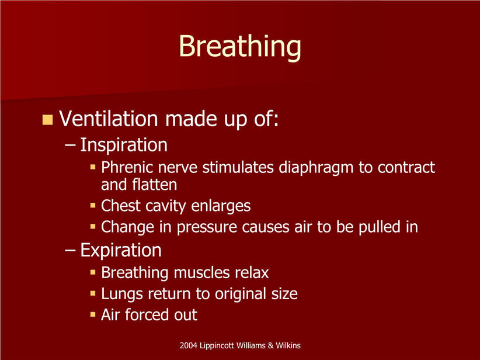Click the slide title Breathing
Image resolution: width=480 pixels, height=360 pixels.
click(x=240, y=47)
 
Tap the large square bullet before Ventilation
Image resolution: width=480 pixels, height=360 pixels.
click(x=47, y=119)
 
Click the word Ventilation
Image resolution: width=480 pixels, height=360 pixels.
click(x=109, y=118)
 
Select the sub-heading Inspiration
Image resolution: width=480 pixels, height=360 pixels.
click(x=124, y=145)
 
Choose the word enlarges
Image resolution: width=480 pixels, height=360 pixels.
click(x=221, y=206)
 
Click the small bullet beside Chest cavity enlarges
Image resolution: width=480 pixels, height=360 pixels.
click(x=93, y=206)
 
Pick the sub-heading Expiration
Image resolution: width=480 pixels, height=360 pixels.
click(x=121, y=250)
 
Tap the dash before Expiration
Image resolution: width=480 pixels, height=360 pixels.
click(x=70, y=250)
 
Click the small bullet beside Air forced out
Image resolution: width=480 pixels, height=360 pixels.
click(x=93, y=314)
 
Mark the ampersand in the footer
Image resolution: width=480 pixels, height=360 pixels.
click(x=270, y=345)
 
